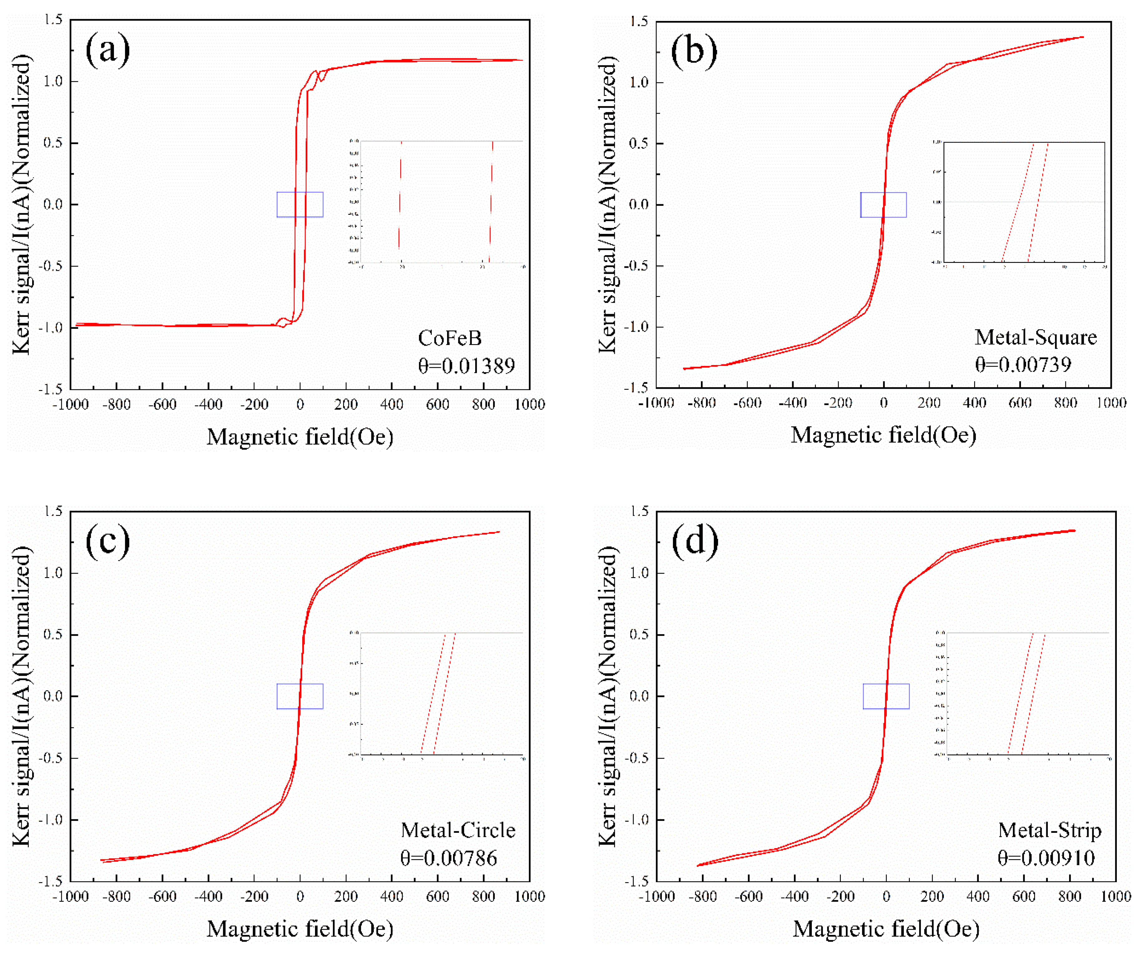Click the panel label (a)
click(x=107, y=50)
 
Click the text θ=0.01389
click(x=466, y=366)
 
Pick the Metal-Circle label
click(x=458, y=830)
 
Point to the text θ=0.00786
click(x=448, y=858)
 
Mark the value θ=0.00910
click(x=1046, y=858)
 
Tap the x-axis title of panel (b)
click(x=883, y=435)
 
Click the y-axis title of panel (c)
click(x=22, y=696)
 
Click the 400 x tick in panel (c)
click(x=392, y=896)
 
